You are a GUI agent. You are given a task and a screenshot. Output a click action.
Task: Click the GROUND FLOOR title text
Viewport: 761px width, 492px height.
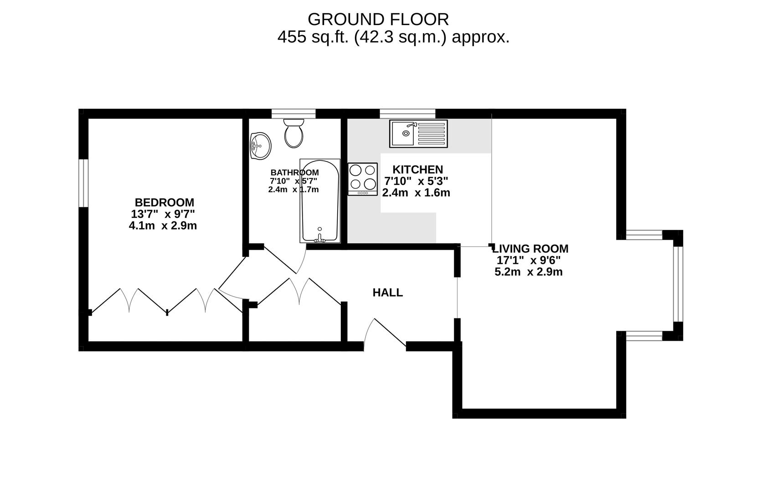click(x=378, y=19)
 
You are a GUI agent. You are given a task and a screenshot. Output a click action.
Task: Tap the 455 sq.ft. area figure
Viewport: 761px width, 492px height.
click(x=313, y=37)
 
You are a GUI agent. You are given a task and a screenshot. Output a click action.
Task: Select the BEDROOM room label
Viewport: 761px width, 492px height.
click(x=165, y=202)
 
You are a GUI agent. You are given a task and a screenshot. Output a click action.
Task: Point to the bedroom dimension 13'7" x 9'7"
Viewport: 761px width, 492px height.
click(x=163, y=214)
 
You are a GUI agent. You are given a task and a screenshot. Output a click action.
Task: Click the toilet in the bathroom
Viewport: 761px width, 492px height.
click(x=293, y=133)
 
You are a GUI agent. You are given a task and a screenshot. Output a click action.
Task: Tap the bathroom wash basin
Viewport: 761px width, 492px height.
click(x=261, y=146)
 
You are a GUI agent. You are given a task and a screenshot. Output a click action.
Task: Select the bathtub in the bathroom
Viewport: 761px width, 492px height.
click(x=320, y=200)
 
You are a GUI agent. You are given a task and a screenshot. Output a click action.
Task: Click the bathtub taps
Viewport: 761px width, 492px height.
click(x=319, y=238)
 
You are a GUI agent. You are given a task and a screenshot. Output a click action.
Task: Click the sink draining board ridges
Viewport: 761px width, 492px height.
click(x=431, y=133)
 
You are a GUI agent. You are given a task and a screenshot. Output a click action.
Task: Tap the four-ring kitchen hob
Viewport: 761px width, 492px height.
click(x=362, y=179)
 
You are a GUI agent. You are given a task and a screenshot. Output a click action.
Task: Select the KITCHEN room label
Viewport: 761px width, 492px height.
click(x=417, y=169)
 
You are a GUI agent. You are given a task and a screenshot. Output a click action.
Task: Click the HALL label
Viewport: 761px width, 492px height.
click(x=388, y=292)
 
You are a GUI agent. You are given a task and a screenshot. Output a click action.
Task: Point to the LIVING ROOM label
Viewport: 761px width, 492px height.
click(x=530, y=249)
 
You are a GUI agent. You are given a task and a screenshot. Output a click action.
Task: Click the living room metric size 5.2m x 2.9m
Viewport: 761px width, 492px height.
click(x=529, y=272)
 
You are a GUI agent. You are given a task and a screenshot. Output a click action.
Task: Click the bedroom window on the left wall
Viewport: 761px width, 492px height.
click(x=83, y=183)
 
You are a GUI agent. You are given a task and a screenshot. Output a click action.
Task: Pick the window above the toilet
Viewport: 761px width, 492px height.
click(x=293, y=114)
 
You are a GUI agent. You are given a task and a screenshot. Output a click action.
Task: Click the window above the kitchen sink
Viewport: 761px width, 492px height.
click(x=407, y=114)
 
